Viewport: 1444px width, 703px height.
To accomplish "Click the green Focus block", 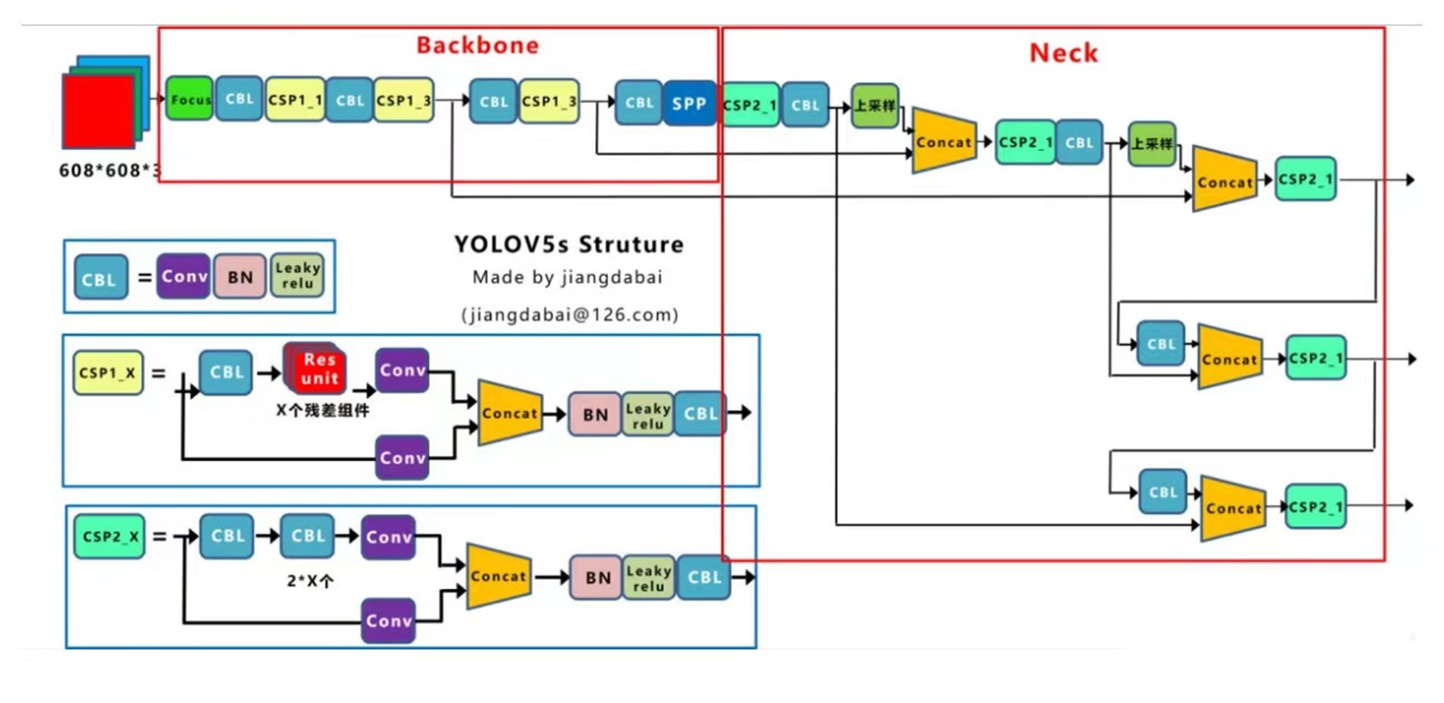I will point(189,99).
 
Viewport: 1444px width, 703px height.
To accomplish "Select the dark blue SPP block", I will point(689,103).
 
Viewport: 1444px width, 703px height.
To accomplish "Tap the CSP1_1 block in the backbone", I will point(295,100).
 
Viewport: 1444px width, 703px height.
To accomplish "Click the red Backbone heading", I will point(477,46).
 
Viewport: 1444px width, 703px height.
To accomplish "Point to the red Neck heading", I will point(1063,53).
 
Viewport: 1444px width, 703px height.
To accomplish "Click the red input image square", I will point(99,111).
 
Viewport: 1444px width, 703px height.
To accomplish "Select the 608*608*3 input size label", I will point(109,171).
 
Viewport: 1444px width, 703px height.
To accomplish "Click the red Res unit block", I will point(318,369).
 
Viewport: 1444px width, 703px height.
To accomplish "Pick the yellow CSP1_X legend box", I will point(108,373).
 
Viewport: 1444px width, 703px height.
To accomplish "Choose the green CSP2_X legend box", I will point(109,537).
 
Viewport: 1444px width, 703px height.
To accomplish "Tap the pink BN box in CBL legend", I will point(240,277).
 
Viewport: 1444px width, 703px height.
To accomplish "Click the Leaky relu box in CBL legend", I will point(297,275).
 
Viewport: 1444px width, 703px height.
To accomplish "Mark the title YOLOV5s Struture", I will point(568,244).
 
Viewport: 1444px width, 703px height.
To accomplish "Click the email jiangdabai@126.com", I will point(570,315).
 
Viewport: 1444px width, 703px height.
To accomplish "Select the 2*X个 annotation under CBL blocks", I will point(310,581).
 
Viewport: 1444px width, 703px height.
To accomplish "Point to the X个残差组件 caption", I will point(322,410).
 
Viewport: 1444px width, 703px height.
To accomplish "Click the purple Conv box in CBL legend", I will point(184,276).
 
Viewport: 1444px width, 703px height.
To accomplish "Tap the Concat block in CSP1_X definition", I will point(510,413).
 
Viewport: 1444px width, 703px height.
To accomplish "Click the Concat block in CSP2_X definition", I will point(498,576).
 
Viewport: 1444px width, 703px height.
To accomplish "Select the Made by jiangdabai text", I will point(567,277).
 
